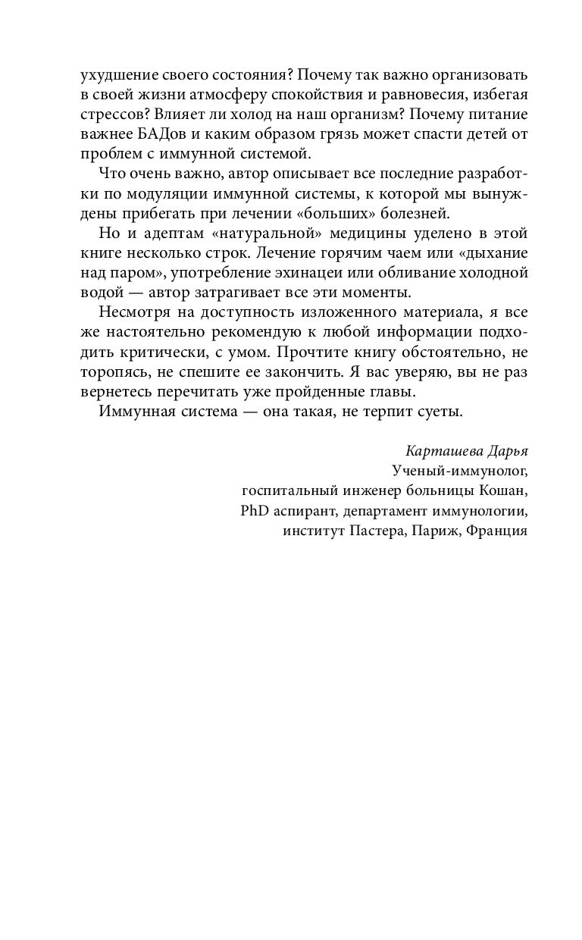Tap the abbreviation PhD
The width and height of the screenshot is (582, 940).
click(x=255, y=510)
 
